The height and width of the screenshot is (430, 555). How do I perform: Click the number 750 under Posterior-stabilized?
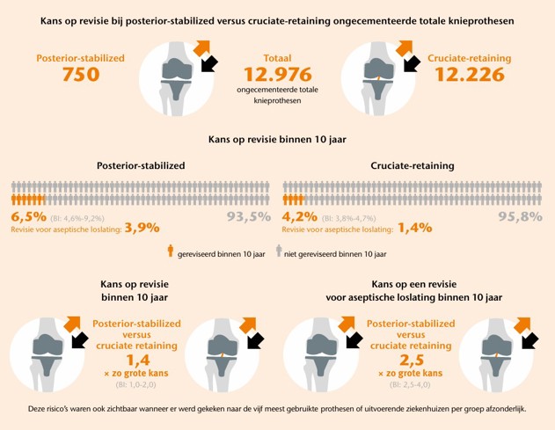click(80, 76)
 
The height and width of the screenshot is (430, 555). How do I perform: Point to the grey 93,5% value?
click(249, 216)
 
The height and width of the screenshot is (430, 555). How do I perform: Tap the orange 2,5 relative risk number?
click(405, 360)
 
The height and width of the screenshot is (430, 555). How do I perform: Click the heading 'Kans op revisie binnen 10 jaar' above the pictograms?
click(277, 139)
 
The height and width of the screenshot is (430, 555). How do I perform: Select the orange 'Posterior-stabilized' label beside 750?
click(80, 57)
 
